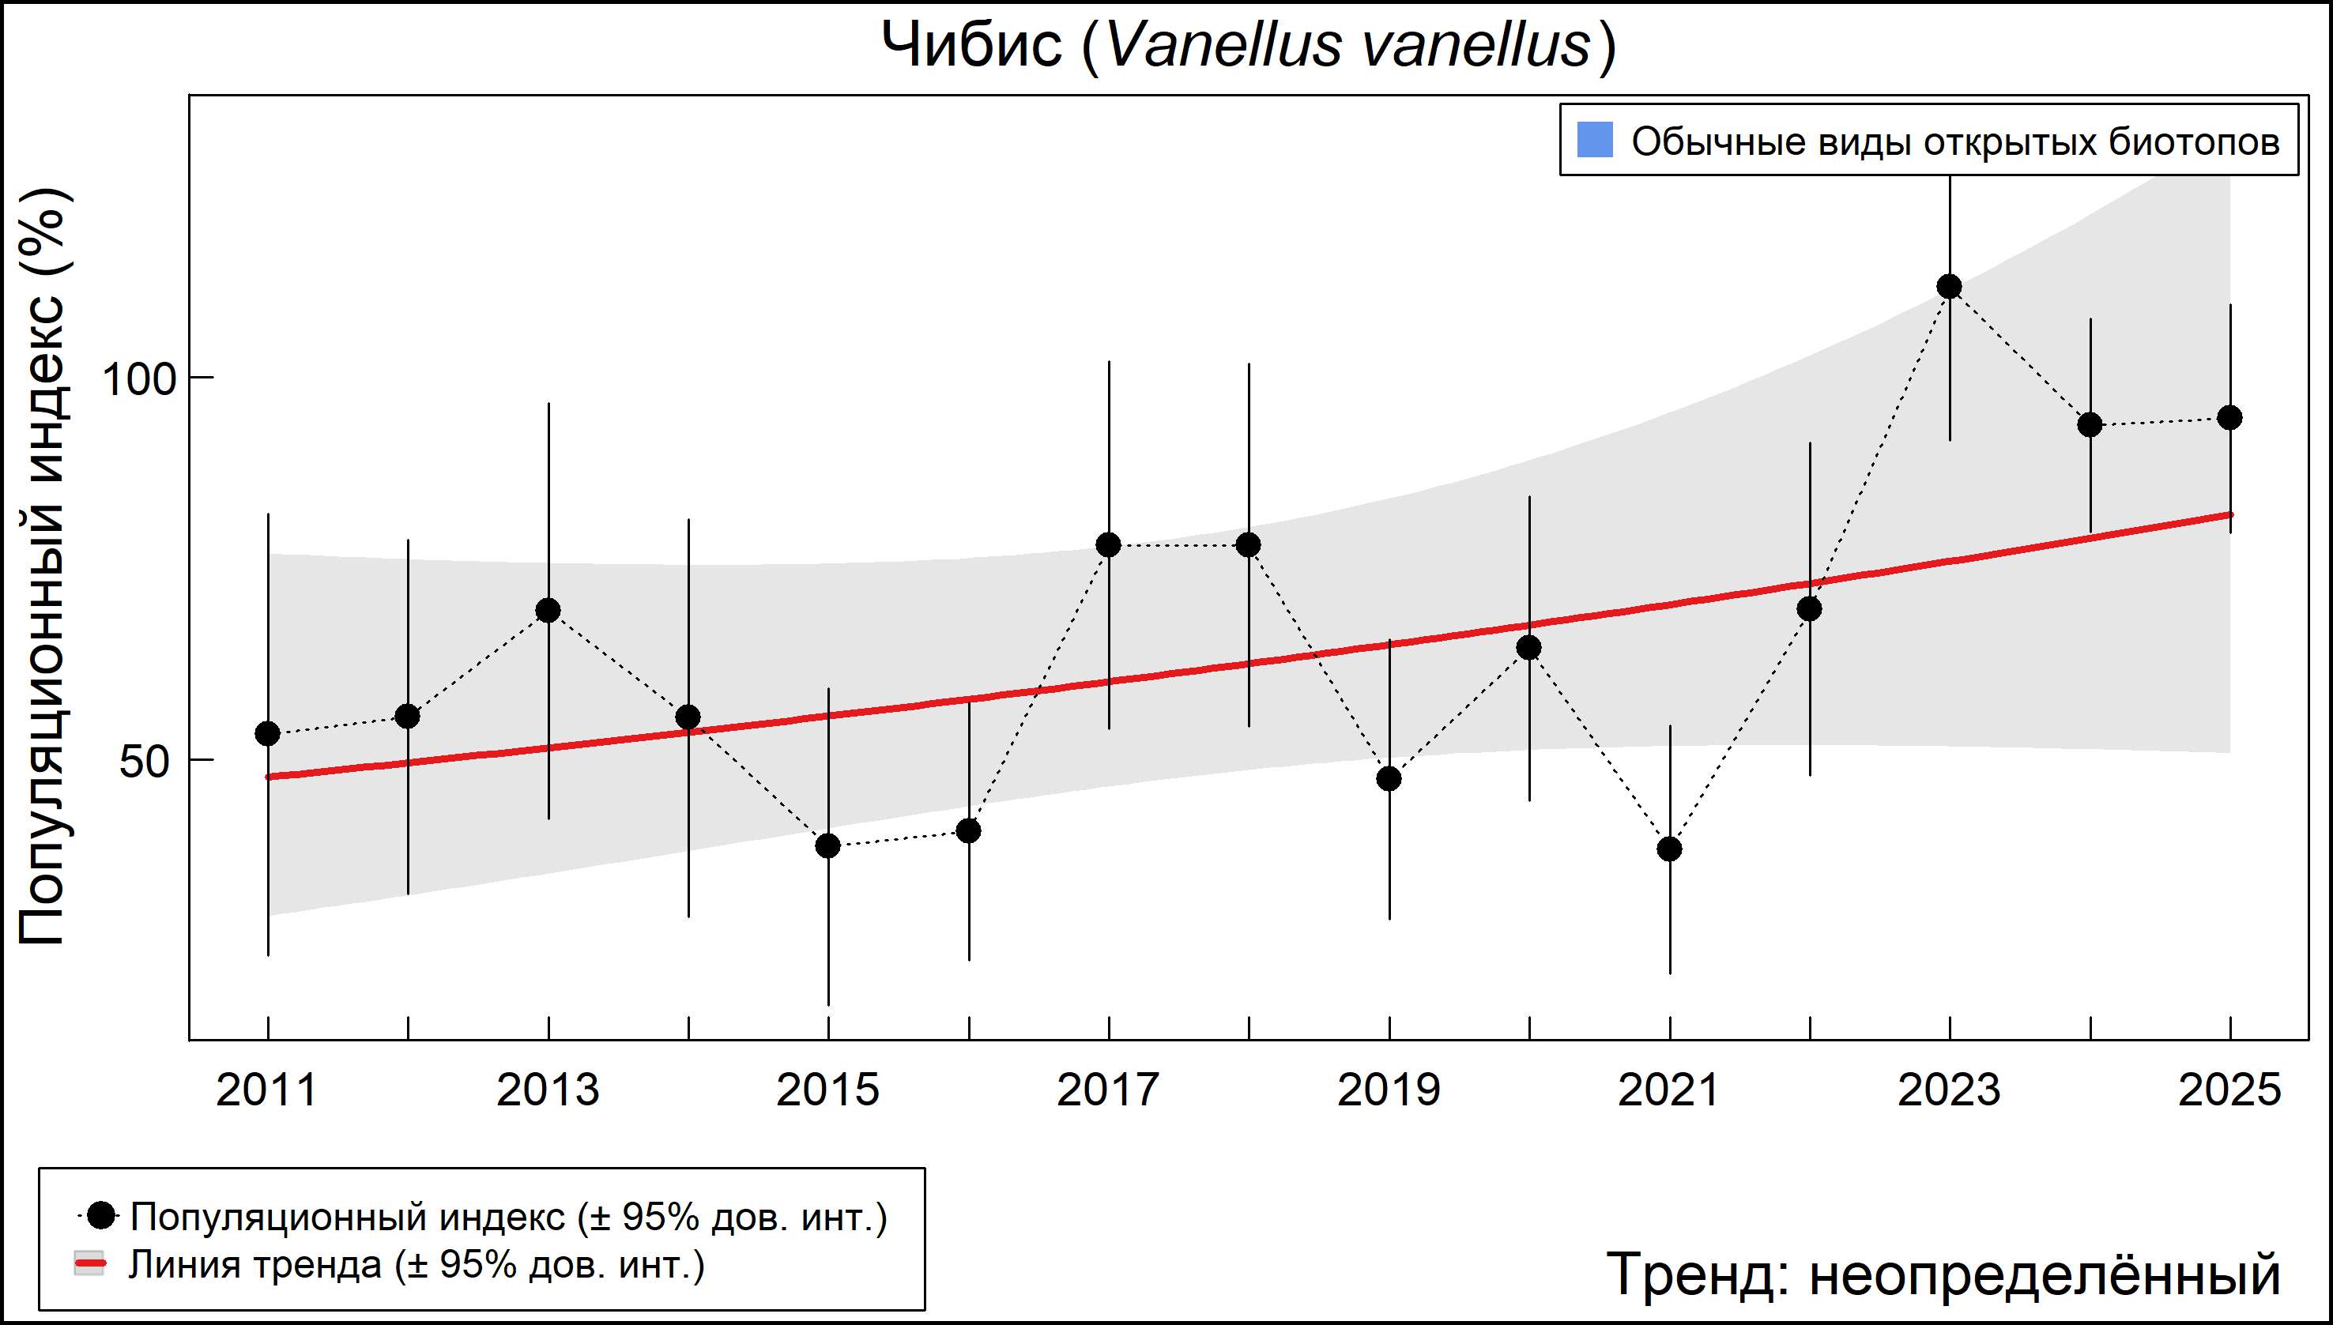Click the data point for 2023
1949,288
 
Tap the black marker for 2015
828,846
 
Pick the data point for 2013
548,611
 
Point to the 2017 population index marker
1109,545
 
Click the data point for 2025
2229,419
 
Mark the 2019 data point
1389,779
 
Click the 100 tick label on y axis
138,379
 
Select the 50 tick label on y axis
145,762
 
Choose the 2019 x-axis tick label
1389,1090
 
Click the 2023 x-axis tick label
1949,1090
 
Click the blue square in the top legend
1595,140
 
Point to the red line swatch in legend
89,1264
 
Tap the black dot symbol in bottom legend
103,1215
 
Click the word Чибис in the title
972,46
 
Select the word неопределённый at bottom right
2045,1274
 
